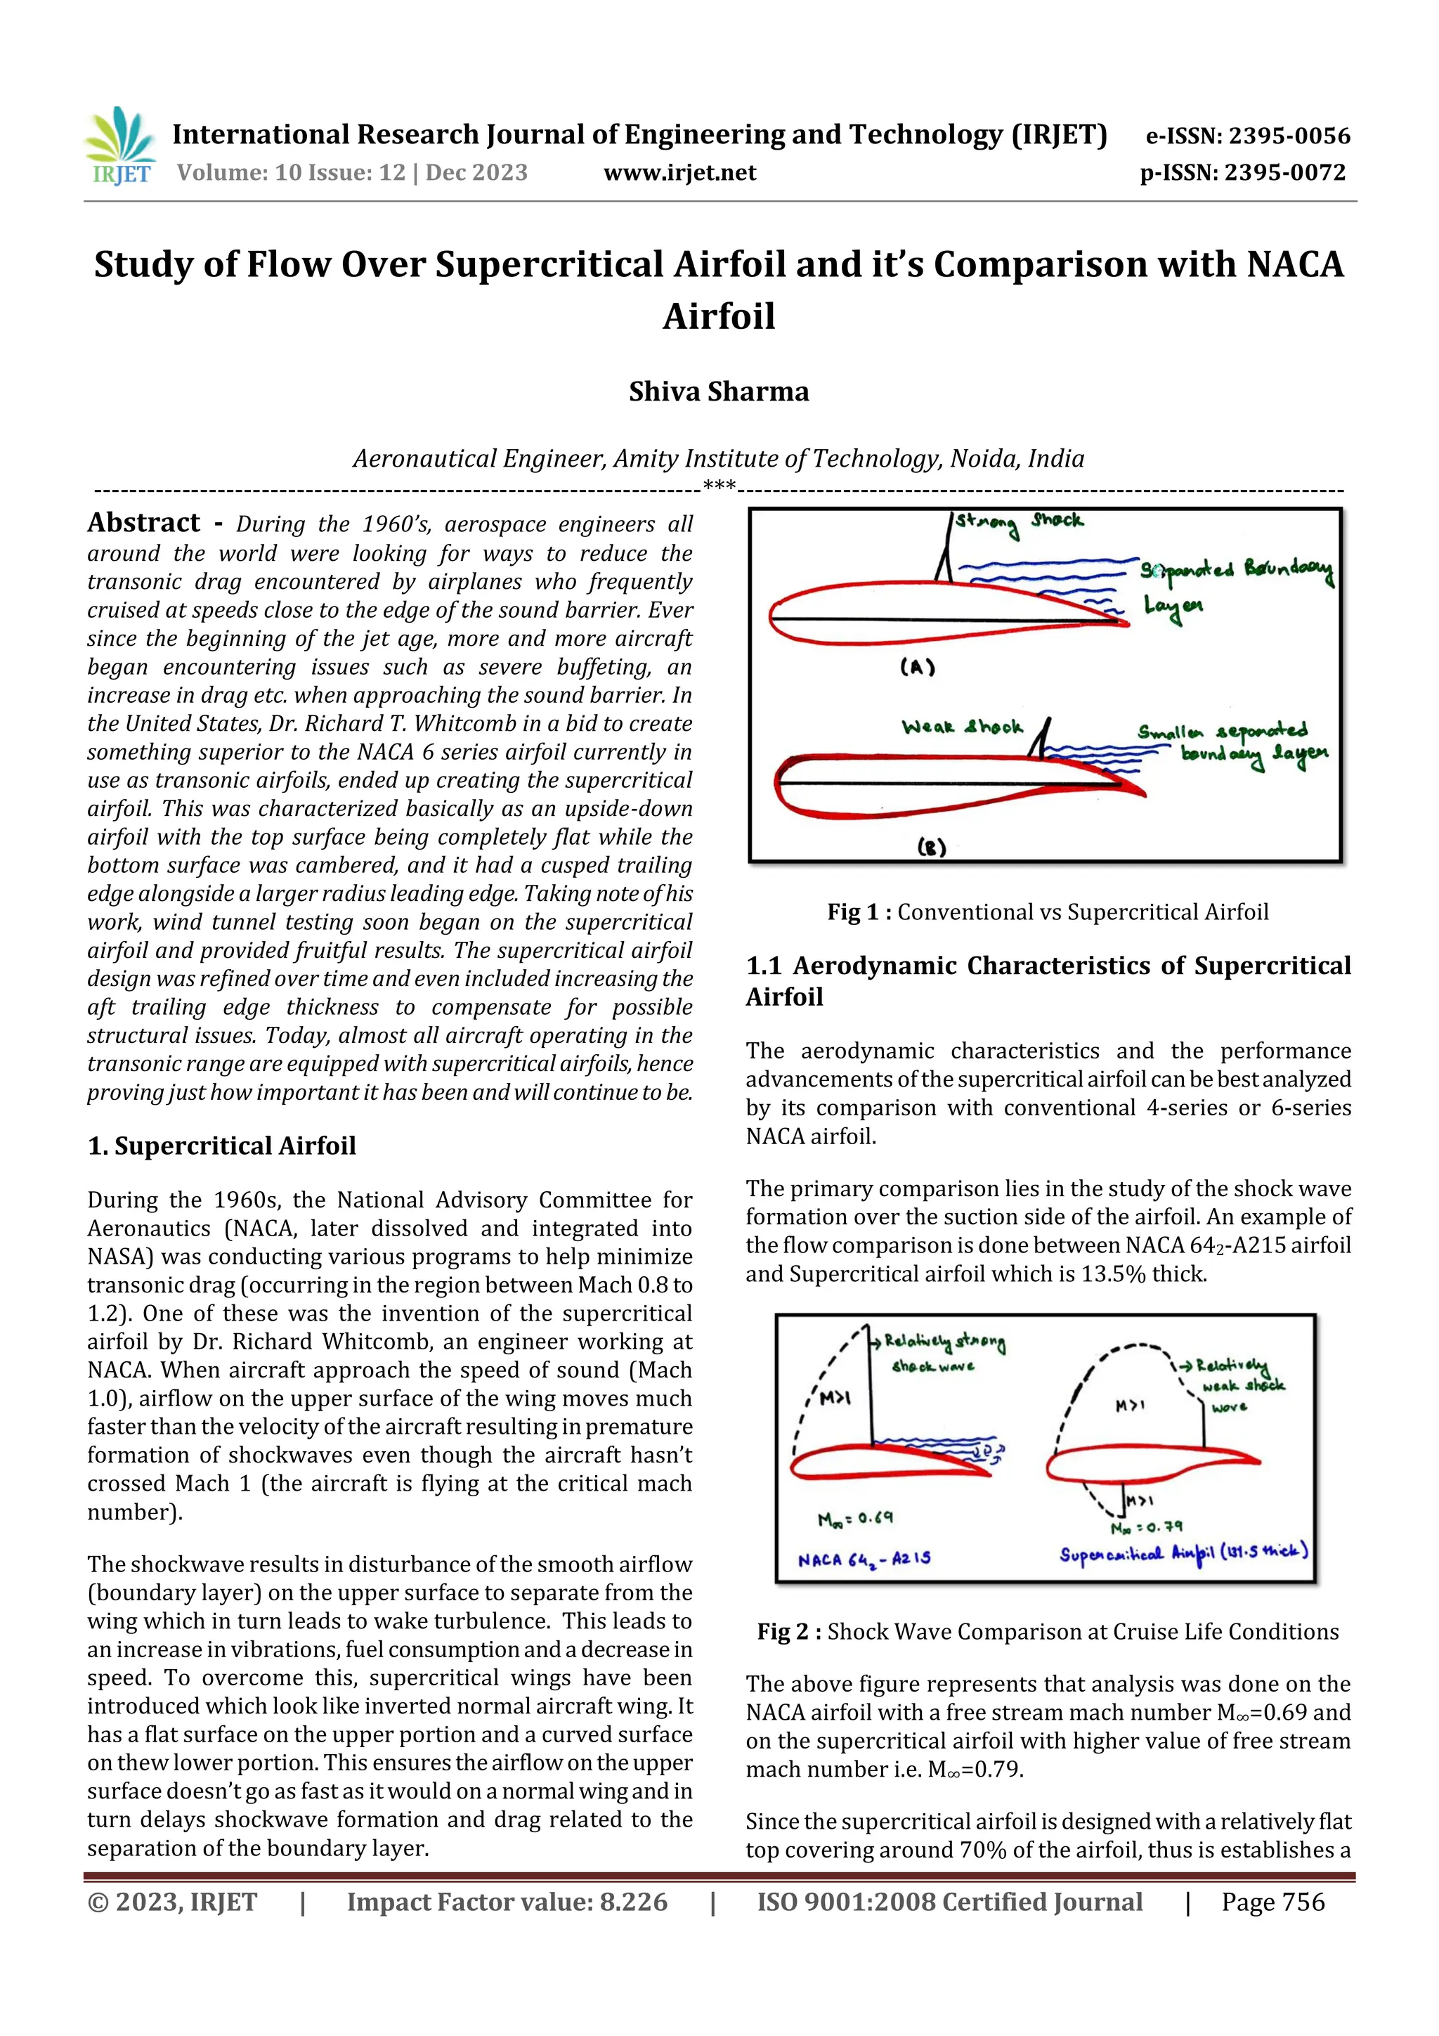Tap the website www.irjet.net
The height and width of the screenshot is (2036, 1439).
tap(679, 173)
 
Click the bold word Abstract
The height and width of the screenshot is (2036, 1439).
tap(143, 522)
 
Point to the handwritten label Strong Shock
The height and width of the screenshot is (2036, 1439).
tap(1019, 521)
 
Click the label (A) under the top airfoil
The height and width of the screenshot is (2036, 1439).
tap(917, 667)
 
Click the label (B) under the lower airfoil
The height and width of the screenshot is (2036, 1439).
tap(931, 847)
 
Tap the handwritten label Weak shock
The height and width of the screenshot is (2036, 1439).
tap(961, 727)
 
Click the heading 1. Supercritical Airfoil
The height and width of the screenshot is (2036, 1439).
tap(221, 1146)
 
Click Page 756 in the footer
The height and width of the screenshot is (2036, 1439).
tap(1272, 1901)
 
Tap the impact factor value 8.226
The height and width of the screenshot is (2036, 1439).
tap(633, 1901)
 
